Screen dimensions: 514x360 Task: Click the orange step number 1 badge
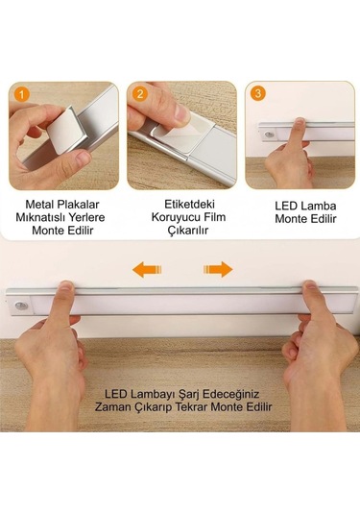pos(22,93)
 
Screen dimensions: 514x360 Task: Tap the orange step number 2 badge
pos(139,93)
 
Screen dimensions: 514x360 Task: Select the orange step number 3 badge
pos(257,93)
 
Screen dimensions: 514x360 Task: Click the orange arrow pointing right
pos(218,270)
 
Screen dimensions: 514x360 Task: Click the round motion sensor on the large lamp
pos(22,306)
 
